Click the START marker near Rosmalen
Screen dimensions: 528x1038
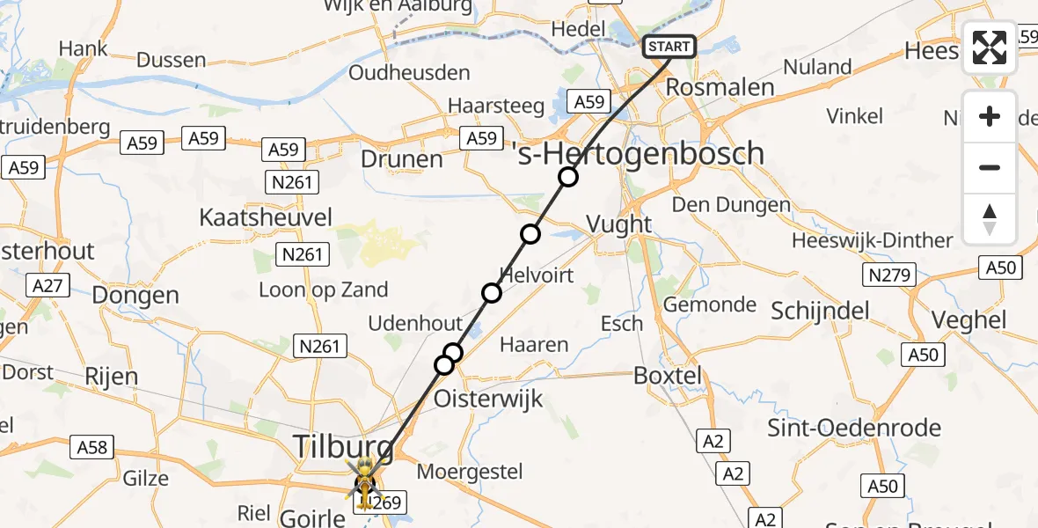coord(670,47)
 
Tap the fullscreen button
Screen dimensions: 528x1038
coord(990,48)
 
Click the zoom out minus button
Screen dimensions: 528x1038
coord(990,167)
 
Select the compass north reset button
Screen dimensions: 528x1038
coord(990,219)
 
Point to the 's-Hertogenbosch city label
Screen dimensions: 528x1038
coord(639,155)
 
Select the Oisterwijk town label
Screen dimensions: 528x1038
coord(490,399)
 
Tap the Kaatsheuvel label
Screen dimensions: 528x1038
coord(254,217)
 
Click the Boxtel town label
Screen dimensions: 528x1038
coord(669,376)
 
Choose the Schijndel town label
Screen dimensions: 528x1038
coord(820,311)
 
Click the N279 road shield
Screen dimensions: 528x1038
coord(888,275)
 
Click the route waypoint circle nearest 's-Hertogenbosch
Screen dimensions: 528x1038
coord(568,178)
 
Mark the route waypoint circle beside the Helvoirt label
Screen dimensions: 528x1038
coord(492,293)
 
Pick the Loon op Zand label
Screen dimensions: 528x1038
coord(323,290)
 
